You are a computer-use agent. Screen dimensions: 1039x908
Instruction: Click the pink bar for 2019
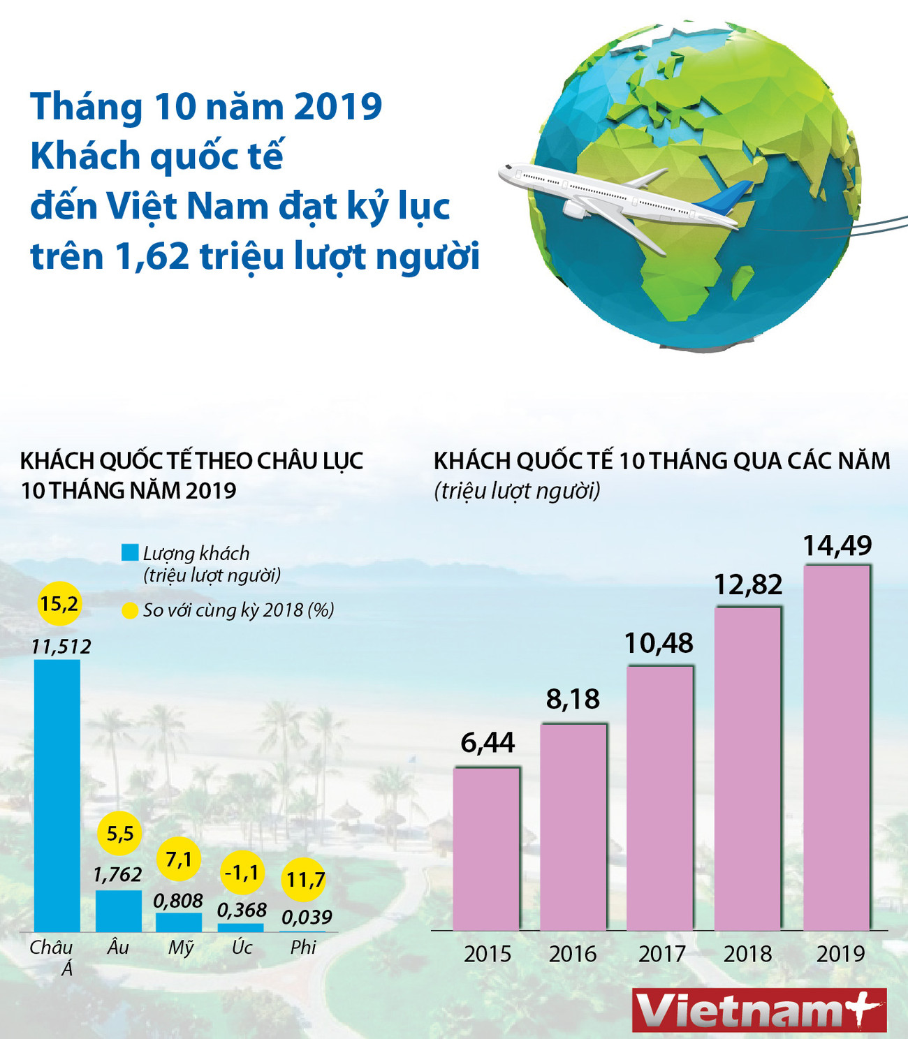(x=837, y=747)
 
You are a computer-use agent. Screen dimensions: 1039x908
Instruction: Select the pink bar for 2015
(x=486, y=848)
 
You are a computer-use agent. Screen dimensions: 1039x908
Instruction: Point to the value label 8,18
(x=573, y=699)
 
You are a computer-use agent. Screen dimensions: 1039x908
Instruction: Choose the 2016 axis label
(x=573, y=954)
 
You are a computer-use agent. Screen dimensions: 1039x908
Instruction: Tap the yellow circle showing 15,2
(x=59, y=603)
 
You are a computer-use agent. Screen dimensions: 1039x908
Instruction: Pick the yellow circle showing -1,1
(x=242, y=873)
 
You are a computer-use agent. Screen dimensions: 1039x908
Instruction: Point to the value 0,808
(x=178, y=901)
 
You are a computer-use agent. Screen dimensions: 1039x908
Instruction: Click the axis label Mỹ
(x=180, y=948)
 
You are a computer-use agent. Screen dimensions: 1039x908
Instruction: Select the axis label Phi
(x=303, y=948)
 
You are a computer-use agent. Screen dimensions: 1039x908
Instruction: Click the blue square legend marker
(x=130, y=553)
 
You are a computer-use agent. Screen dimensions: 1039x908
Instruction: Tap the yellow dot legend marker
(x=130, y=611)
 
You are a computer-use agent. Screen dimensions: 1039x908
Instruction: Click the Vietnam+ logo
(x=759, y=1010)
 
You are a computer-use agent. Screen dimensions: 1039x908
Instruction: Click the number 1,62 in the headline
(x=152, y=256)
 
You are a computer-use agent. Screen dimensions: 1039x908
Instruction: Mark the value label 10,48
(x=659, y=643)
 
